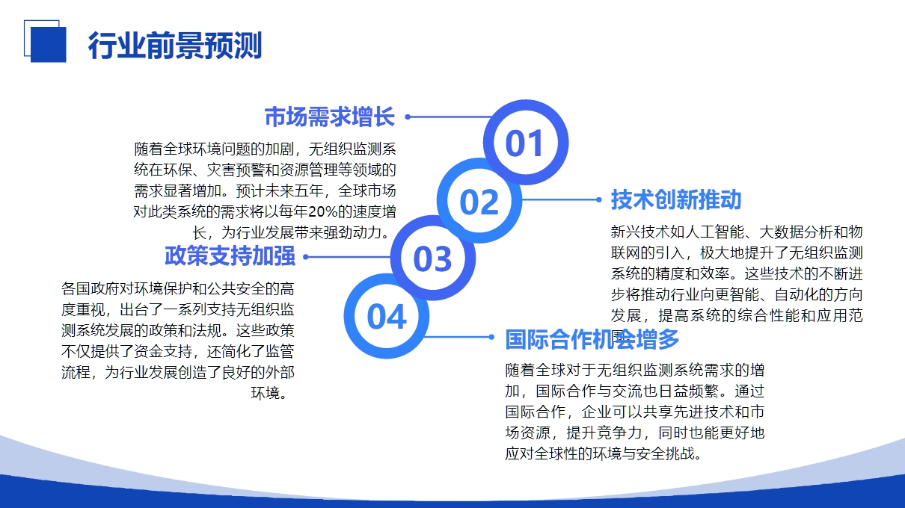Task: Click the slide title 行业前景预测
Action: pos(175,46)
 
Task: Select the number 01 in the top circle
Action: pos(524,143)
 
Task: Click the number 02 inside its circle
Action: pos(479,202)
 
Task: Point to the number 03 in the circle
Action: pos(432,258)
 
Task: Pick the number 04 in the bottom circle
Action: pos(387,317)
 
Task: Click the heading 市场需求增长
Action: pos(330,117)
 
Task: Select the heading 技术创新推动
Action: pos(676,199)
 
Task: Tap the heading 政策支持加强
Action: pos(230,255)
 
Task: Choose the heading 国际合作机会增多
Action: pos(592,339)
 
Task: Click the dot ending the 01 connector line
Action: pos(408,117)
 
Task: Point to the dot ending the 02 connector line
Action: pos(599,199)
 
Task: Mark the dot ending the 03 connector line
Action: pos(306,257)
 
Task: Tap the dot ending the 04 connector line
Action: pos(491,337)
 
